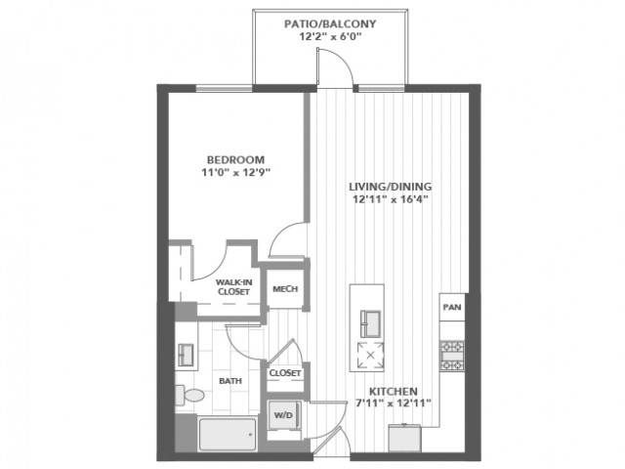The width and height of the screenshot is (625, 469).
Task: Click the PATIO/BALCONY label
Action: click(x=330, y=23)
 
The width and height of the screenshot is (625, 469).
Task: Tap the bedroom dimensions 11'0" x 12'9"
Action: click(x=236, y=173)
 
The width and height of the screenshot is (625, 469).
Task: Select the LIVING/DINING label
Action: click(x=391, y=187)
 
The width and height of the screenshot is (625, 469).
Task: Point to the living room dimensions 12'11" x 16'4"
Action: click(x=391, y=199)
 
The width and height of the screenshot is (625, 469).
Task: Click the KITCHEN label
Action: click(x=393, y=391)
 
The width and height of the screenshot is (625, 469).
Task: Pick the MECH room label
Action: click(x=285, y=289)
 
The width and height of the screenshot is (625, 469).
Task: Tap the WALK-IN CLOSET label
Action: click(x=234, y=286)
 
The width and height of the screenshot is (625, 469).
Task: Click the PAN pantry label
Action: click(x=452, y=307)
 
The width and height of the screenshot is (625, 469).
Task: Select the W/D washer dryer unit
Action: click(x=283, y=415)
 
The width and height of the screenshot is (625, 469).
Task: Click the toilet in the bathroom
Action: click(x=189, y=395)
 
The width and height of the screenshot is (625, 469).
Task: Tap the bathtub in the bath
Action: click(x=228, y=434)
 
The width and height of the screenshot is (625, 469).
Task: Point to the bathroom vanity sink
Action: click(x=186, y=355)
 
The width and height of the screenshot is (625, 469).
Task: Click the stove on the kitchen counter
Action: click(x=452, y=356)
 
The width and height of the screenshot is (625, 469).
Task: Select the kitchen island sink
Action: click(x=370, y=323)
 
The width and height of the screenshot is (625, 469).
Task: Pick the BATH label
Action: click(x=230, y=381)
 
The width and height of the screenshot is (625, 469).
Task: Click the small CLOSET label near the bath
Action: click(x=284, y=373)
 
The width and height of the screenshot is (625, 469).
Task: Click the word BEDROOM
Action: click(x=236, y=160)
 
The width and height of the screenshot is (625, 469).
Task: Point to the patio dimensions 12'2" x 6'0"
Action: click(x=330, y=37)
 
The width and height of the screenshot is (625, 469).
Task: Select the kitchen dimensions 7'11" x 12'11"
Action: click(x=393, y=404)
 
